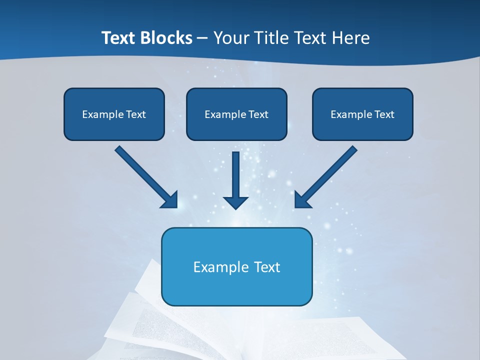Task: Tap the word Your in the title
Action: point(232,38)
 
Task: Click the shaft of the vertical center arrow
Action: point(235,172)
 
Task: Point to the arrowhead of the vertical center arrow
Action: point(235,202)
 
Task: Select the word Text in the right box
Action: point(384,114)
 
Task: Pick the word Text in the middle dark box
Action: point(258,114)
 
